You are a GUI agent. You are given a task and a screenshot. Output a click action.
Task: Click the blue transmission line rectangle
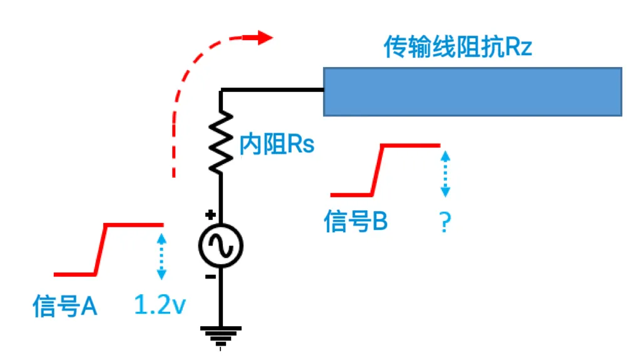pyautogui.click(x=472, y=91)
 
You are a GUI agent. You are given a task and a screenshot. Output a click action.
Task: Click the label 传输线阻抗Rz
pyautogui.click(x=458, y=48)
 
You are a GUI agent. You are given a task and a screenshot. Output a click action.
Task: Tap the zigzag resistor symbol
pyautogui.click(x=221, y=143)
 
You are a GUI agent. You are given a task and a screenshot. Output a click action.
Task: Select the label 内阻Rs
pyautogui.click(x=277, y=145)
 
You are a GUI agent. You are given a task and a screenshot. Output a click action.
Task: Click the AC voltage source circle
pyautogui.click(x=221, y=245)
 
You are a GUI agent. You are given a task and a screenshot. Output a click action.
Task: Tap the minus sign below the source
pyautogui.click(x=211, y=276)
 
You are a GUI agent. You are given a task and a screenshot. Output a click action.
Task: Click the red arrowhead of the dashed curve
pyautogui.click(x=263, y=37)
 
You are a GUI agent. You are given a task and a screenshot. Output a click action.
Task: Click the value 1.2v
pyautogui.click(x=160, y=306)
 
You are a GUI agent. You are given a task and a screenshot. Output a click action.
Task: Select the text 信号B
pyautogui.click(x=356, y=221)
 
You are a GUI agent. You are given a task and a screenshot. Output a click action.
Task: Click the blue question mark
pyautogui.click(x=445, y=222)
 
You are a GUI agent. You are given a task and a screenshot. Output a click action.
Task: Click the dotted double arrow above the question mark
pyautogui.click(x=445, y=173)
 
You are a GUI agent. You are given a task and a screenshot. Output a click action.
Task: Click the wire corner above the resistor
pyautogui.click(x=221, y=91)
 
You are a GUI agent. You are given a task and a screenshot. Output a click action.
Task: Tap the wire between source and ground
pyautogui.click(x=221, y=301)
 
